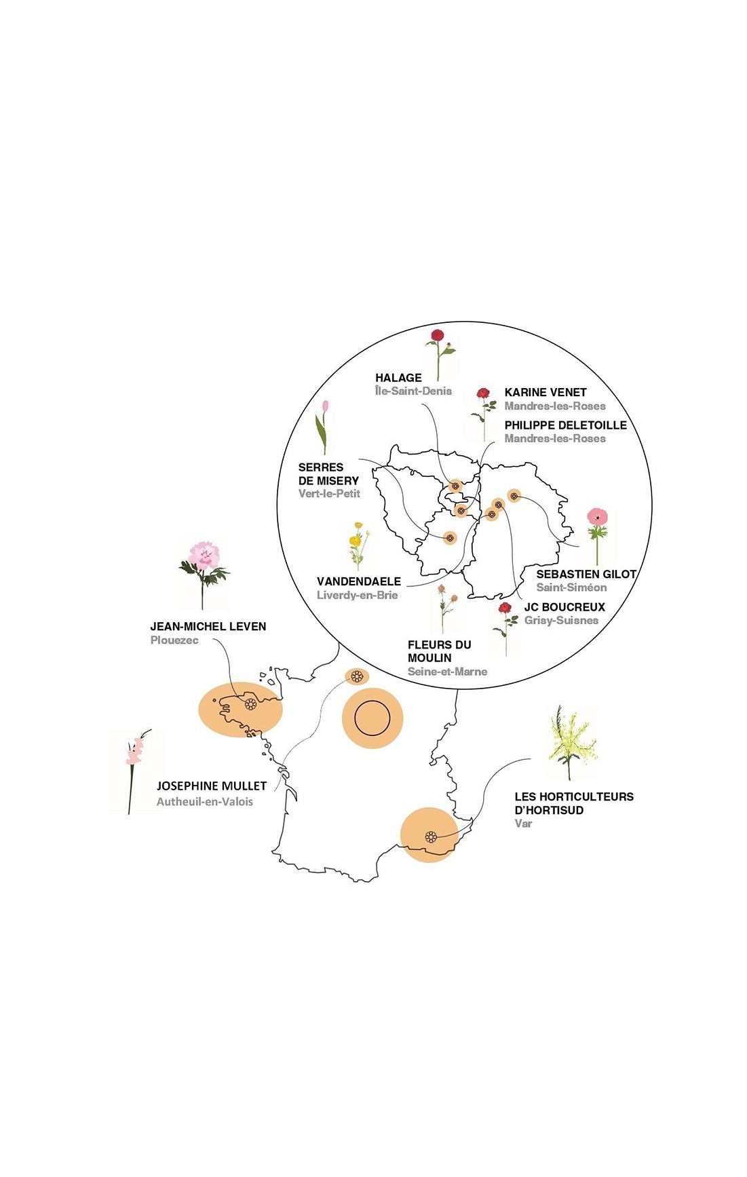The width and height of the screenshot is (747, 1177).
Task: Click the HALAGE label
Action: pos(398,378)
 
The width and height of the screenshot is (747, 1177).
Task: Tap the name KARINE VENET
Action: pos(545,392)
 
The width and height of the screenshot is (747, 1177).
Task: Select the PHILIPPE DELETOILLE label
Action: pos(565,425)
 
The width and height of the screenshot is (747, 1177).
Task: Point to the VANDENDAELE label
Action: pos(358,581)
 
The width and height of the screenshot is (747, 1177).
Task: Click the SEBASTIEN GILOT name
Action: pos(586,574)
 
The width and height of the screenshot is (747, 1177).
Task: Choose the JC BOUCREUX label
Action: pos(564,607)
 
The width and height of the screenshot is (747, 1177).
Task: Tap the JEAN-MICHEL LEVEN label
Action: pos(208,626)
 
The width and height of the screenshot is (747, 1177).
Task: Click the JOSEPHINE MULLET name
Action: pos(211,786)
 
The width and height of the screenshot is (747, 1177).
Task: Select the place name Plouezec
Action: pos(174,640)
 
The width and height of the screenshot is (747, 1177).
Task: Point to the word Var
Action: pos(523,824)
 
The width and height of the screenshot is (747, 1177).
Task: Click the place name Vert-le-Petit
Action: pos(329,494)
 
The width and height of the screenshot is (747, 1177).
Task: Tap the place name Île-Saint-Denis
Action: pos(413,391)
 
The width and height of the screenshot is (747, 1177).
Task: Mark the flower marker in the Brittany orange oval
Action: pos(250,704)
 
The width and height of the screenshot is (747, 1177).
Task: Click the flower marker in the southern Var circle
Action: pos(430,836)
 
